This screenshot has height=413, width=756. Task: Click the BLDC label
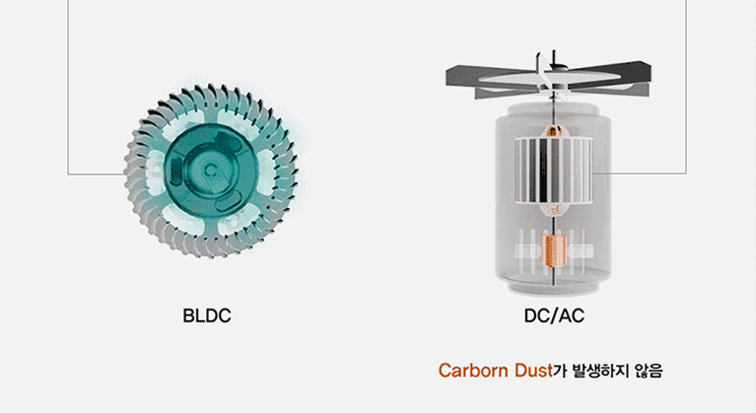click(207, 315)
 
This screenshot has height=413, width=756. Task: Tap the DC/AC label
click(554, 315)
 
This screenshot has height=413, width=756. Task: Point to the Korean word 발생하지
click(600, 371)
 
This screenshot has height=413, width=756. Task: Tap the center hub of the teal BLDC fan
click(210, 171)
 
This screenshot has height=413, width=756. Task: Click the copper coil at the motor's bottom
click(554, 250)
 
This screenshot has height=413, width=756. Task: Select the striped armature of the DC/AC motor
click(554, 171)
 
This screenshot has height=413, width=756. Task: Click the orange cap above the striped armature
click(554, 131)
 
